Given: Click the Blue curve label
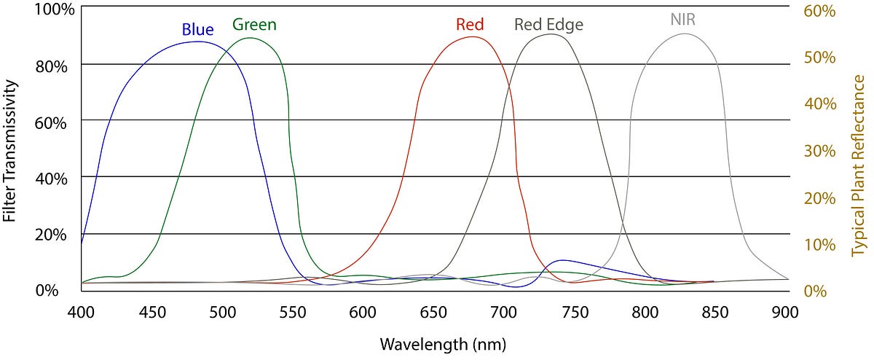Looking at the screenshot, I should (x=197, y=30).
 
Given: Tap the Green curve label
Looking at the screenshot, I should (x=254, y=25).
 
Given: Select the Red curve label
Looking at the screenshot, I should (x=470, y=25).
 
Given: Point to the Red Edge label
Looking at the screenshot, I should (x=548, y=25).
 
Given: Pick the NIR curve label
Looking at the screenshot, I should (x=683, y=20).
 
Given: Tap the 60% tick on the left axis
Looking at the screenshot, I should (x=51, y=122).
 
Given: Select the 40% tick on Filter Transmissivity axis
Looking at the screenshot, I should (x=51, y=179).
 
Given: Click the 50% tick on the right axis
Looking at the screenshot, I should (x=819, y=58).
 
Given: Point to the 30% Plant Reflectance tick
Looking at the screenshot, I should (x=819, y=151).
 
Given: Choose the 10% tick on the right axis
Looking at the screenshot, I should (x=819, y=244).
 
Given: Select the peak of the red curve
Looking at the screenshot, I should (x=474, y=36).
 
